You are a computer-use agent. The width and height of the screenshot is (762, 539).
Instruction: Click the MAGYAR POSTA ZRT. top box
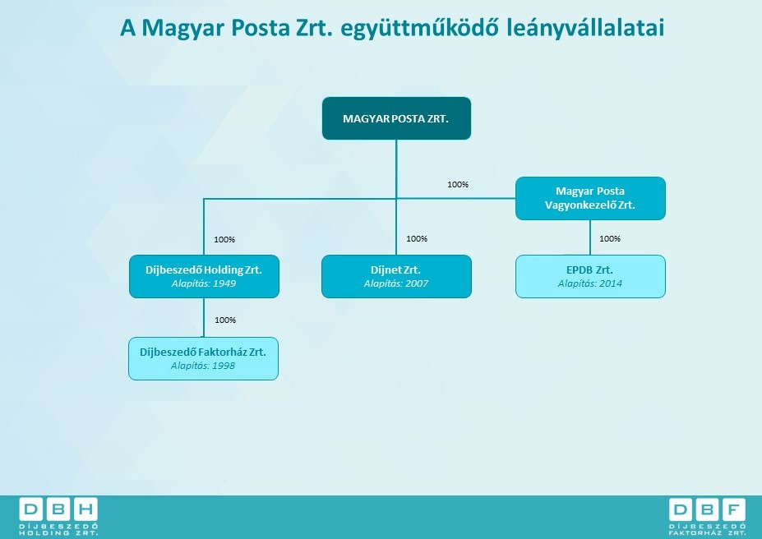click(x=396, y=118)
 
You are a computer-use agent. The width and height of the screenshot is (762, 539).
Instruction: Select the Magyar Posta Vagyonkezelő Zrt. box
click(x=590, y=198)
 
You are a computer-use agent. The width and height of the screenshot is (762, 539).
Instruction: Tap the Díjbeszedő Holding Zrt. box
click(x=204, y=276)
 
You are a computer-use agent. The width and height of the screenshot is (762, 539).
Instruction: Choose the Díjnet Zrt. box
click(x=396, y=276)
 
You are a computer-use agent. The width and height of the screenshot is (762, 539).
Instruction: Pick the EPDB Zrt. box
click(x=590, y=276)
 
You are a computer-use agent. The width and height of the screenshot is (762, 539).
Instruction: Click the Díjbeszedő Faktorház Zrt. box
click(x=204, y=359)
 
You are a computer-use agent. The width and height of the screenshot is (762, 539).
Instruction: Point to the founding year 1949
click(x=224, y=283)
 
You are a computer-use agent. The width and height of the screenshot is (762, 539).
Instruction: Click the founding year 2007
click(x=417, y=283)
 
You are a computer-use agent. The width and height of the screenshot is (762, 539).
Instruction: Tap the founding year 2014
click(x=611, y=283)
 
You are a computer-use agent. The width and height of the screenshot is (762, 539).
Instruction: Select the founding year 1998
click(x=223, y=366)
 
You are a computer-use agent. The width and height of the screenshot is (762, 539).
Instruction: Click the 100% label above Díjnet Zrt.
click(x=417, y=238)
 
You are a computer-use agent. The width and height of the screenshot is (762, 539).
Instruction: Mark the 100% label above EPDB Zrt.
click(x=610, y=238)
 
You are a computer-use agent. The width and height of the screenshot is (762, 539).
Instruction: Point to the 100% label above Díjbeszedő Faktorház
click(x=225, y=320)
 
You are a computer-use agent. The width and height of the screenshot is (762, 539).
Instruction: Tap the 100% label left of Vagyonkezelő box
click(x=458, y=185)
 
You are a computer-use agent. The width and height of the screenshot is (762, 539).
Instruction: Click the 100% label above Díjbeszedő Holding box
click(x=224, y=239)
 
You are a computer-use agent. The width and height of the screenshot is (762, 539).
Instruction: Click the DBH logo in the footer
click(x=58, y=516)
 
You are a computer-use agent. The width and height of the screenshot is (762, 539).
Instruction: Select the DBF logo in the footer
click(x=707, y=516)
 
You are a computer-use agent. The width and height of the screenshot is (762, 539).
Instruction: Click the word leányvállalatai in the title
click(x=585, y=28)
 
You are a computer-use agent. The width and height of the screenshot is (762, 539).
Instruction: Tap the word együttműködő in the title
click(x=419, y=28)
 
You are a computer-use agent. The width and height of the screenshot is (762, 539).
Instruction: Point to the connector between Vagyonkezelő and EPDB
click(x=590, y=237)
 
